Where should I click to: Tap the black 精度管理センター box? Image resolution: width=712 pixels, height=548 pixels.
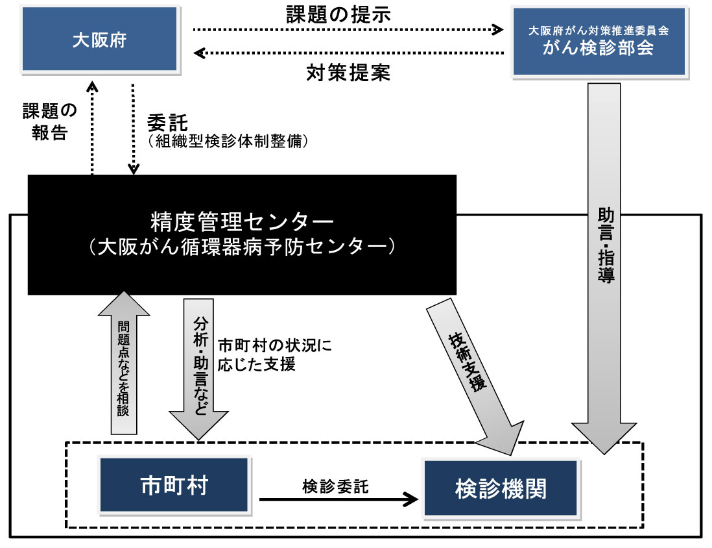(243, 235)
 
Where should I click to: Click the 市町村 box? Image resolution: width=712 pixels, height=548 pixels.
(174, 486)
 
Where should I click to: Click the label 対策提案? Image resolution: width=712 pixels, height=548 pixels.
(348, 73)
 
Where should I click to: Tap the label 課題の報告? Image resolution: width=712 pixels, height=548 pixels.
(50, 121)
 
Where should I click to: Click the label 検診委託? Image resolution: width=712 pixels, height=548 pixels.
(335, 486)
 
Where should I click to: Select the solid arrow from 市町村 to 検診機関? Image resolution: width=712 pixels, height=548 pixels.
(338, 499)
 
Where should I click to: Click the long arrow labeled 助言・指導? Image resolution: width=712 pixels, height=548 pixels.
(603, 260)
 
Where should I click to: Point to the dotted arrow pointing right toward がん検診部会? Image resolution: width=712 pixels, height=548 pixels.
(348, 29)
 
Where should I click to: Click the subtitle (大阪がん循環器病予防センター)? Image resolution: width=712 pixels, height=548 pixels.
(243, 247)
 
